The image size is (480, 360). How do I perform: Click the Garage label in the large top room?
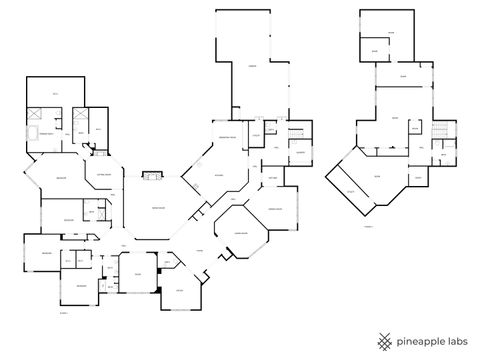[x=254, y=66]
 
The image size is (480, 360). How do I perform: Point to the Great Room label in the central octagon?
[x=158, y=207]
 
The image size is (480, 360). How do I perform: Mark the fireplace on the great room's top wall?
[x=152, y=177]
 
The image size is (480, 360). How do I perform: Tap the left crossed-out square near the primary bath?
[x=35, y=113]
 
